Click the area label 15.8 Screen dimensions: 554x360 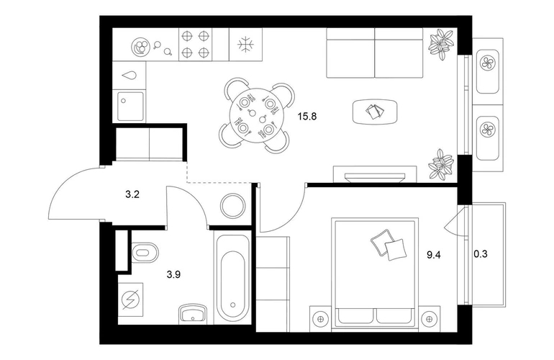click(x=307, y=116)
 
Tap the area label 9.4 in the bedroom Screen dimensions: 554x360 click(x=434, y=255)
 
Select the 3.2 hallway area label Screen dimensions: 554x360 click(x=132, y=194)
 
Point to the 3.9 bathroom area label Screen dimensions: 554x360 click(x=173, y=274)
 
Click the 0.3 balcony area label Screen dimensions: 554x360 click(x=481, y=253)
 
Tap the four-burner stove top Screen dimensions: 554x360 click(x=196, y=44)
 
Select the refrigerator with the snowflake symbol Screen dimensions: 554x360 click(x=245, y=44)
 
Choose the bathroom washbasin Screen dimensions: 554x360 click(x=193, y=313)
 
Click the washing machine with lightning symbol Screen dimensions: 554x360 click(x=130, y=300)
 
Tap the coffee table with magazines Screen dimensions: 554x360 click(x=375, y=112)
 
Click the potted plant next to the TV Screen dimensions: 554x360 click(x=440, y=163)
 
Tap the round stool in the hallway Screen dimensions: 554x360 click(x=233, y=205)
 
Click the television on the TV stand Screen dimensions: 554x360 click(x=375, y=177)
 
